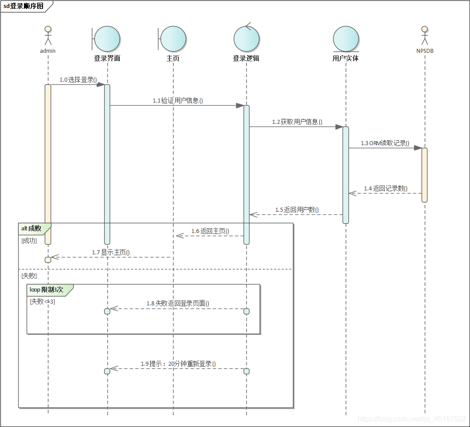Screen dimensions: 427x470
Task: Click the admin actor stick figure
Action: pos(48,36)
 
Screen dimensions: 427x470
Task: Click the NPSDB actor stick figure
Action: pos(425,36)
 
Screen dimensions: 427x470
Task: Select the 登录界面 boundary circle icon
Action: pos(107,39)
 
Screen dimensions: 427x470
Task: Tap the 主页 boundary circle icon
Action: pos(173,39)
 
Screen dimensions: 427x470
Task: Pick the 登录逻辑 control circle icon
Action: pos(246,39)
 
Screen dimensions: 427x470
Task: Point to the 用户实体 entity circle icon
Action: pos(346,39)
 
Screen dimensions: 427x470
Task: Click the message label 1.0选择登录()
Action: pos(78,80)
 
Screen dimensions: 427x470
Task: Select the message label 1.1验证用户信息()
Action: pos(178,101)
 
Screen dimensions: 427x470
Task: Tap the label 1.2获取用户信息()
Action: pos(297,122)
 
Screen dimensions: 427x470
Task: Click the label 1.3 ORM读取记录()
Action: pos(385,143)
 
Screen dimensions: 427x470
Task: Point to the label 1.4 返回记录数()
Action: pos(385,188)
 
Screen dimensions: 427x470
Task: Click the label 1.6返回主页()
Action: pos(210,231)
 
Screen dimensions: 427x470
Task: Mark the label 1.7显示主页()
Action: pos(111,253)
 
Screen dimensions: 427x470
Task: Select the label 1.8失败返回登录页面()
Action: pos(178,304)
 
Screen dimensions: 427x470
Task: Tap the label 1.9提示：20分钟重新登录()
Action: pos(178,364)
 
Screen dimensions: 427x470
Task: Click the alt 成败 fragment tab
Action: pos(32,229)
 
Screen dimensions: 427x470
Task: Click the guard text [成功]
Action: pos(29,241)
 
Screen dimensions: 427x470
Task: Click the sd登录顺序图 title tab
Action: pos(24,6)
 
